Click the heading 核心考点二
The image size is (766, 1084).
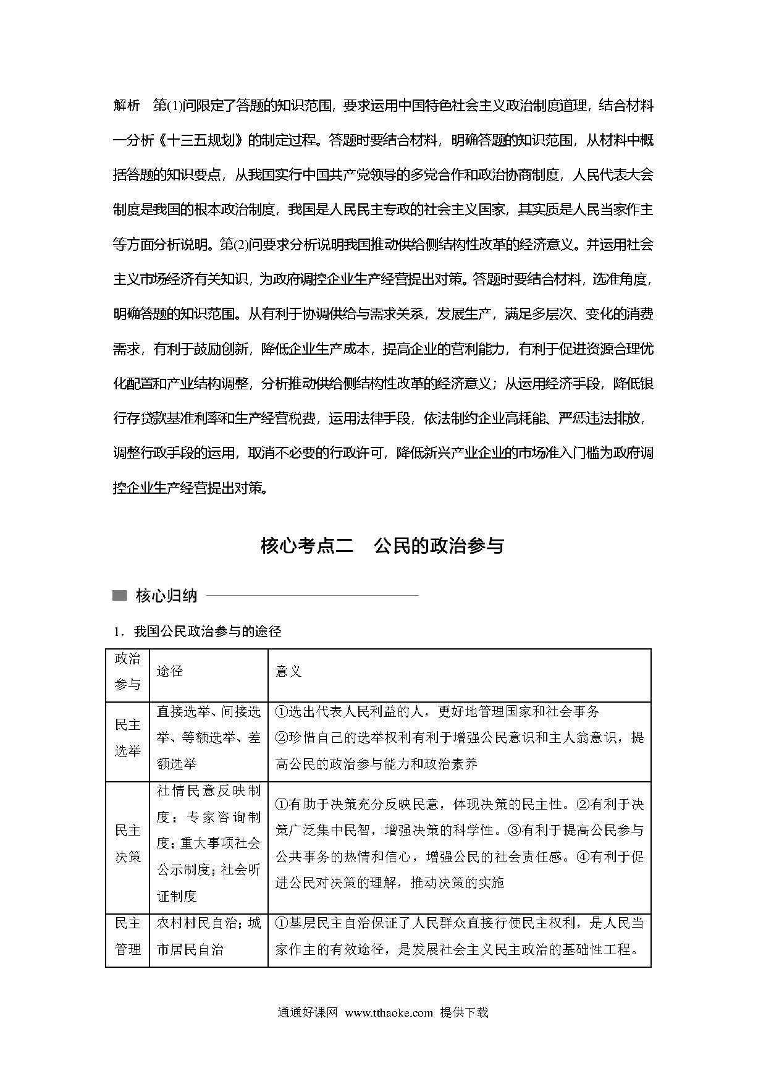coord(306,546)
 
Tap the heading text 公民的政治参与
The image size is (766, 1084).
coord(439,546)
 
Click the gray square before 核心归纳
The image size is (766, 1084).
coord(119,596)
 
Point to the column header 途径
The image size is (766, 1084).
coord(170,672)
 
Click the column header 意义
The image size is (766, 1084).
coord(288,672)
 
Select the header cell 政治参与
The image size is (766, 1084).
coord(128,672)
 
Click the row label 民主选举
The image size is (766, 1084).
coord(128,738)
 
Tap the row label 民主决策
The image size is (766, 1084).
coord(128,844)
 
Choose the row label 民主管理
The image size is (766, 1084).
coord(128,936)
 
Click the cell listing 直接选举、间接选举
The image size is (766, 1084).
coord(209,738)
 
